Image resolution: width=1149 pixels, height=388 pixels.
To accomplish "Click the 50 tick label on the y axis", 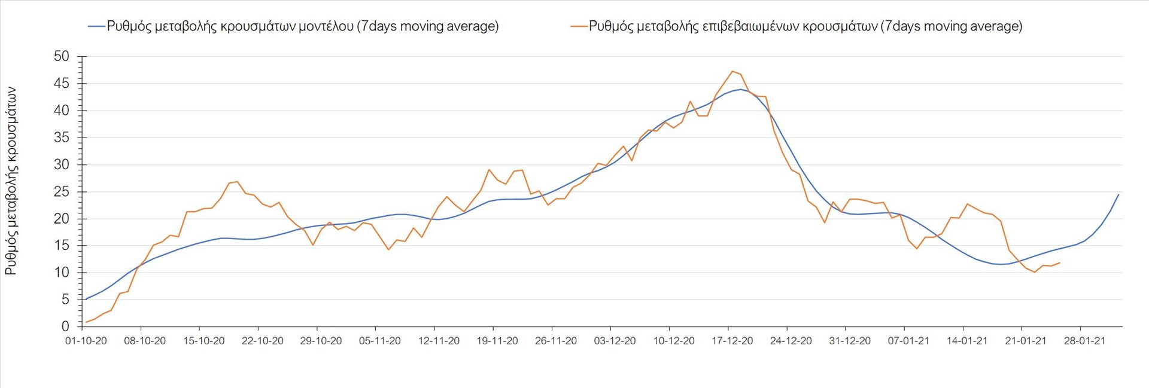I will click(62, 57).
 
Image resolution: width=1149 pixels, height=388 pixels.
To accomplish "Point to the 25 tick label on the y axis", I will click(62, 192).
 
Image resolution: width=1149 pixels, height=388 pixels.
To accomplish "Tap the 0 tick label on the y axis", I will click(65, 326).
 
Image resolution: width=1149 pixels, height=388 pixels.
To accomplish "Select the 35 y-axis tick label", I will click(62, 138).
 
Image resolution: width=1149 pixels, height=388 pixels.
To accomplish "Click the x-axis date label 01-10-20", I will click(86, 341).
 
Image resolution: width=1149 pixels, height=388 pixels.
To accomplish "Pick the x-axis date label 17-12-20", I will click(732, 341).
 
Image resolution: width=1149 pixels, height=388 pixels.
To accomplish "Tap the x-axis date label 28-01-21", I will click(1084, 341).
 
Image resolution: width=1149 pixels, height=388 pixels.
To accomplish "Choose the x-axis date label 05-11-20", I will click(380, 341).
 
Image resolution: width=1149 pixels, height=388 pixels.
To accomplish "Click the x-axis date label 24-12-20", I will click(791, 341).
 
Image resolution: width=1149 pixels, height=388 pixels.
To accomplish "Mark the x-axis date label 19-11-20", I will click(497, 341).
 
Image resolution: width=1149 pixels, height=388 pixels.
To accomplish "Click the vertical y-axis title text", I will click(11, 181).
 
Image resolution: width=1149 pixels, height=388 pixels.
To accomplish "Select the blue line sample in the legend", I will click(96, 26).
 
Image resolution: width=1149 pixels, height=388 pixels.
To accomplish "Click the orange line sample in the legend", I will click(579, 26).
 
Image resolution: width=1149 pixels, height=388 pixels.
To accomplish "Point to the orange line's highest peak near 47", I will click(732, 71).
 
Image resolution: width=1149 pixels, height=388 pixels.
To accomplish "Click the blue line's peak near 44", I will click(741, 90).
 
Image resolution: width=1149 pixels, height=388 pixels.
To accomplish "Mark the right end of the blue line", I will click(1118, 194).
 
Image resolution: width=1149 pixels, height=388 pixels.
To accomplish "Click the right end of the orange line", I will click(1059, 262).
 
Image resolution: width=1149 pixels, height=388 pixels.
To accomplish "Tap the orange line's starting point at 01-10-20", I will click(86, 322).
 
